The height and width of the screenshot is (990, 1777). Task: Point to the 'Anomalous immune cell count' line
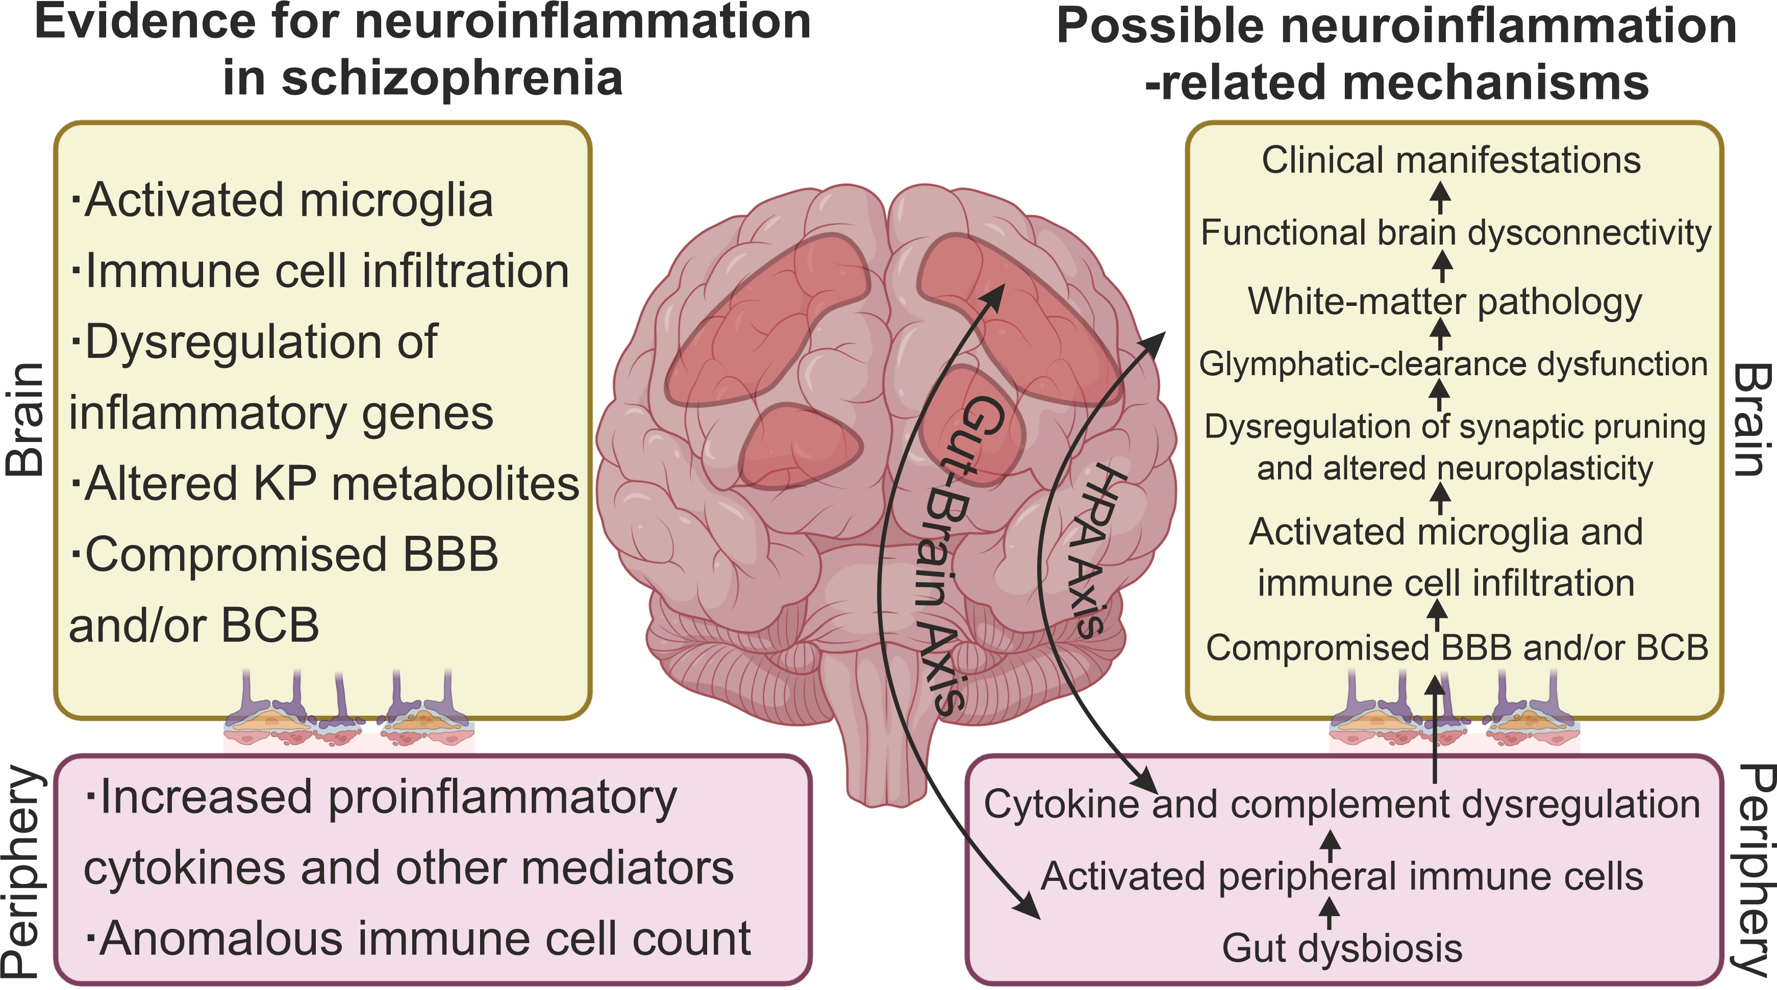(x=418, y=939)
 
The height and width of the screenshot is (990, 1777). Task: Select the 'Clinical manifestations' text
(x=1450, y=160)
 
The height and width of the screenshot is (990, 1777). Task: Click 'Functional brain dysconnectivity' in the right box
(x=1456, y=232)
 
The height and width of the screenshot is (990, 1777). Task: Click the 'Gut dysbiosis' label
(x=1342, y=948)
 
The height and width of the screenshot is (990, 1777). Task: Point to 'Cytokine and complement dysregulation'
(x=1342, y=804)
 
